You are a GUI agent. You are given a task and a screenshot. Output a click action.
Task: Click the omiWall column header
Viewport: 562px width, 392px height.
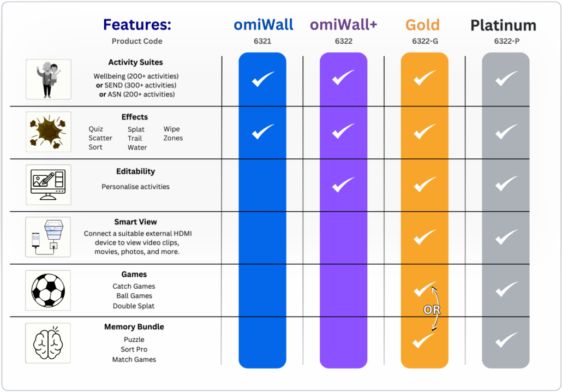(263, 25)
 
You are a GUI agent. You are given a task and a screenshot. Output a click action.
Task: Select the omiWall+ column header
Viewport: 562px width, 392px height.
(344, 25)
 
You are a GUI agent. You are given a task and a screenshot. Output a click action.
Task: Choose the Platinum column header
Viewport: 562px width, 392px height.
(504, 26)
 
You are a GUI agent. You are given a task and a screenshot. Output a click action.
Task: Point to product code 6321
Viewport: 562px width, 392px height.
(263, 41)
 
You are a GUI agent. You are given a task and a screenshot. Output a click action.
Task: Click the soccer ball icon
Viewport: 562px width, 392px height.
(48, 290)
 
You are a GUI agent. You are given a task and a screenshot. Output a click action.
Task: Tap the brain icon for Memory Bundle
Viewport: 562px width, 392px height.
(48, 343)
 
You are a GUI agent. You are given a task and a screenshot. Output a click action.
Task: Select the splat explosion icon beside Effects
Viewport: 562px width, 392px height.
(48, 132)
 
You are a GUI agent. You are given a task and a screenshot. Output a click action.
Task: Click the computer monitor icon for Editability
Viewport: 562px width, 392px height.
(48, 185)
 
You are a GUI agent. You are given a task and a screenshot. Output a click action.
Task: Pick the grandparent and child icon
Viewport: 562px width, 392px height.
(48, 79)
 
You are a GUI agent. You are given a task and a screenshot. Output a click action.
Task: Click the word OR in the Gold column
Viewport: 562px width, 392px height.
(432, 310)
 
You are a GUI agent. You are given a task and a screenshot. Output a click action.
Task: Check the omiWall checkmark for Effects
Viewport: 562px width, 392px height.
(262, 132)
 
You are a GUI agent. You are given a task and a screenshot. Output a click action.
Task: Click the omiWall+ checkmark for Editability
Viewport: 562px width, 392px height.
(343, 185)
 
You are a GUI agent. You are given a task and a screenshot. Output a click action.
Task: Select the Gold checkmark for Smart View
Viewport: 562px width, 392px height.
(425, 237)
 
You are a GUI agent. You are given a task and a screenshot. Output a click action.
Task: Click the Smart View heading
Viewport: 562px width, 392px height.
(135, 222)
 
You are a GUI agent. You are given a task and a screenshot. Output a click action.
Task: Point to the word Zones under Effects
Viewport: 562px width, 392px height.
(173, 138)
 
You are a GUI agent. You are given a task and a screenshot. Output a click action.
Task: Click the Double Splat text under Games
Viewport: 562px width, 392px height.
(134, 306)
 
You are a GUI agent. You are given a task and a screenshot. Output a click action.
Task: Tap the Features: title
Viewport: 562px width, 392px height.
(137, 25)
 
